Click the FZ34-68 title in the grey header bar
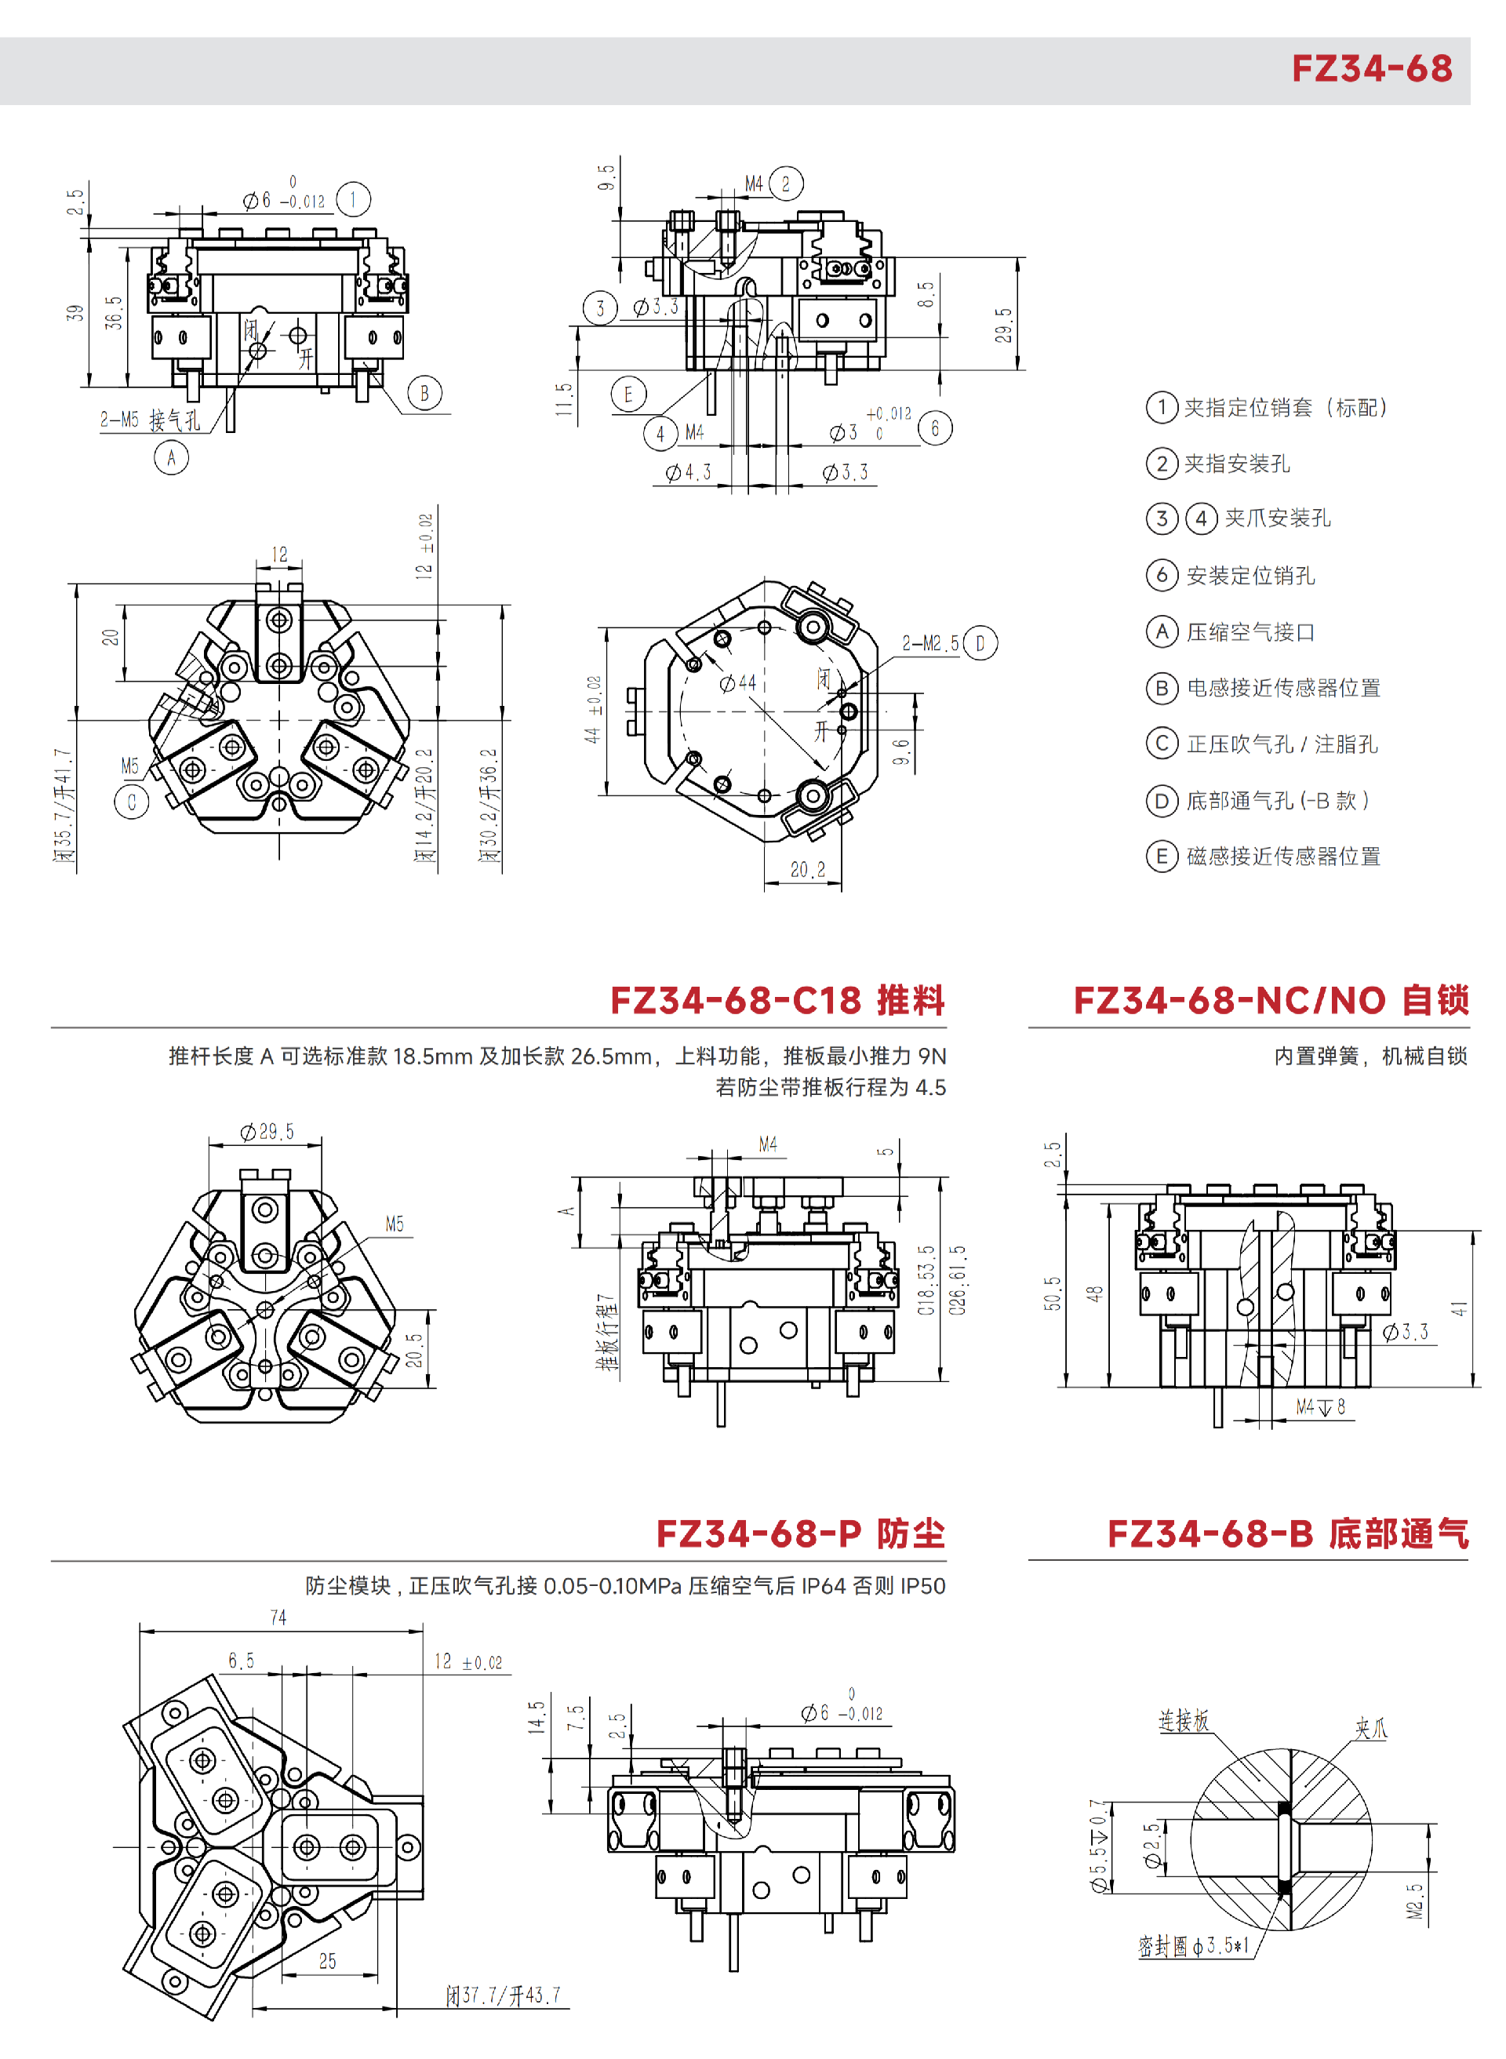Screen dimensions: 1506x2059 1371,68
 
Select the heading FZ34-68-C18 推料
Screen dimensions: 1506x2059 777,1000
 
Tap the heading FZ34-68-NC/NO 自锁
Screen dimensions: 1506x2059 1271,1000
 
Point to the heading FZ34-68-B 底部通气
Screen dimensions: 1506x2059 1288,1533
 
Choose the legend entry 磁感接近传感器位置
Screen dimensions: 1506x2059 1264,856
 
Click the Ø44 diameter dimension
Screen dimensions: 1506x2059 738,682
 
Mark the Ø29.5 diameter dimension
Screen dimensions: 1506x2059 267,1131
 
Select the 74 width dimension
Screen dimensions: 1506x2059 278,1617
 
